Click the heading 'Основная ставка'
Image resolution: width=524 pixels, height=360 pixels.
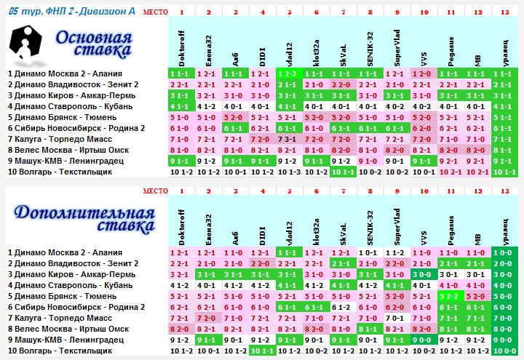click(x=94, y=45)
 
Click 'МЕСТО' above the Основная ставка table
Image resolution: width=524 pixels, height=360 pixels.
click(x=154, y=12)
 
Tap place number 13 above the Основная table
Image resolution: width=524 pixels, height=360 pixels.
click(x=505, y=12)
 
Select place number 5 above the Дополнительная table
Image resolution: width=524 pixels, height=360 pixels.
click(x=289, y=191)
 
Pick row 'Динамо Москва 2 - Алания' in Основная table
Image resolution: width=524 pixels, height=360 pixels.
click(x=65, y=73)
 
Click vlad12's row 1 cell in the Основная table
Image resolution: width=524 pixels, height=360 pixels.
click(x=289, y=73)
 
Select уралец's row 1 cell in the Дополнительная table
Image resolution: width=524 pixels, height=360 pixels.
click(x=505, y=252)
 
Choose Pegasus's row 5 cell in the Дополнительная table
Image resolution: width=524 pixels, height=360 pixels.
click(x=451, y=296)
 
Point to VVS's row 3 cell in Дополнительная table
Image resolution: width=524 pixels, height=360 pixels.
click(x=424, y=274)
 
